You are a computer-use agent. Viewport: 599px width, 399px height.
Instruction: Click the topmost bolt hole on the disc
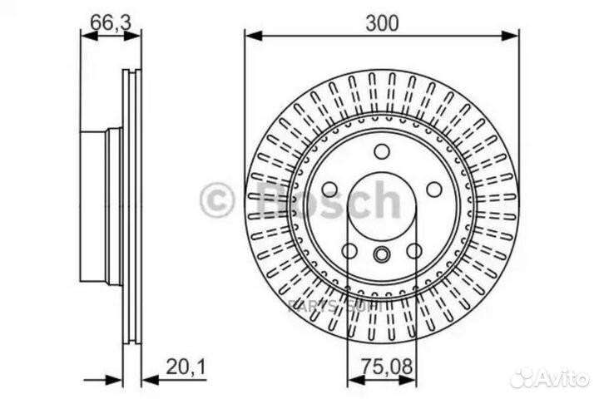pyautogui.click(x=382, y=151)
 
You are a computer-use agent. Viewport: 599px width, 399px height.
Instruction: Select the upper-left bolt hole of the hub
pyautogui.click(x=329, y=189)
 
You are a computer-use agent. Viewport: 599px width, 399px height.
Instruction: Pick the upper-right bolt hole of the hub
pyautogui.click(x=434, y=189)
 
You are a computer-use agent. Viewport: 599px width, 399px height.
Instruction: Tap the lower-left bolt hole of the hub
pyautogui.click(x=349, y=251)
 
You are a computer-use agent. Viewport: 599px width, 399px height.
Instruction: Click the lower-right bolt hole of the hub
pyautogui.click(x=414, y=251)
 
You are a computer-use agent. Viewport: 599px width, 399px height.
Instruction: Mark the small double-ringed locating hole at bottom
pyautogui.click(x=382, y=255)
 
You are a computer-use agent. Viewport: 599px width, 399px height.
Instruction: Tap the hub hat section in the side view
pyautogui.click(x=94, y=205)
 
